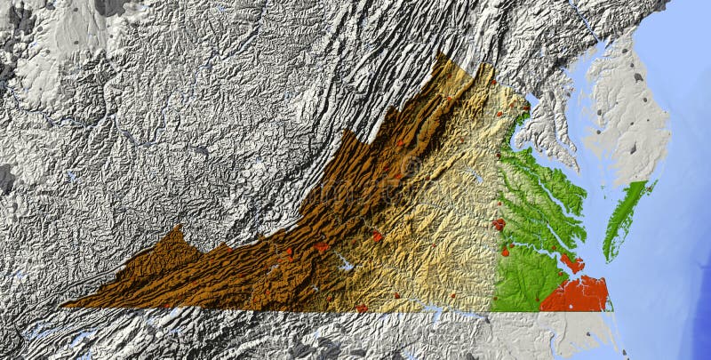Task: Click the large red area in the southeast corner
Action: point(576,293)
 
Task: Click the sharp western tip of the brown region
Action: point(64,305)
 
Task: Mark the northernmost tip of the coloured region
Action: point(442,54)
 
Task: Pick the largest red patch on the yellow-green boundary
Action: point(499,225)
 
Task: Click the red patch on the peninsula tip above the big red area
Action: point(571,262)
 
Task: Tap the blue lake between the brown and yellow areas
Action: point(343,264)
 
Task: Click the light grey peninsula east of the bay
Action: point(627,116)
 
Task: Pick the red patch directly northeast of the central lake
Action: point(378,236)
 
